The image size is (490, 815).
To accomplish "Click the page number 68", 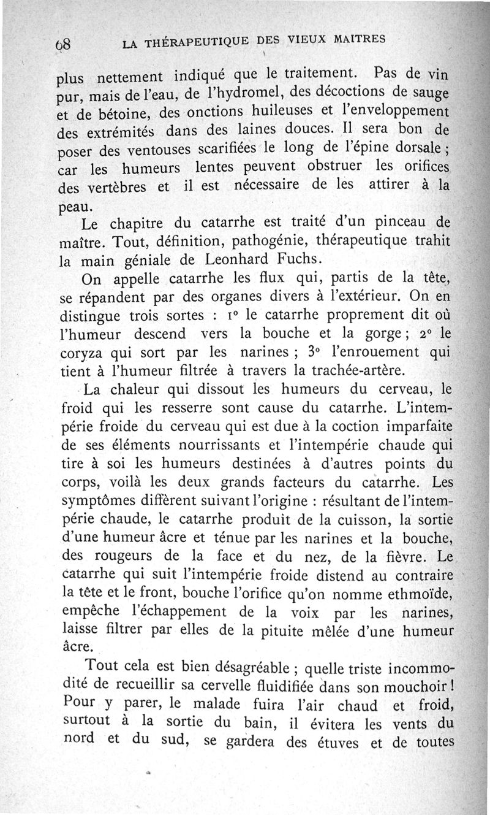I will pos(64,44).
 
